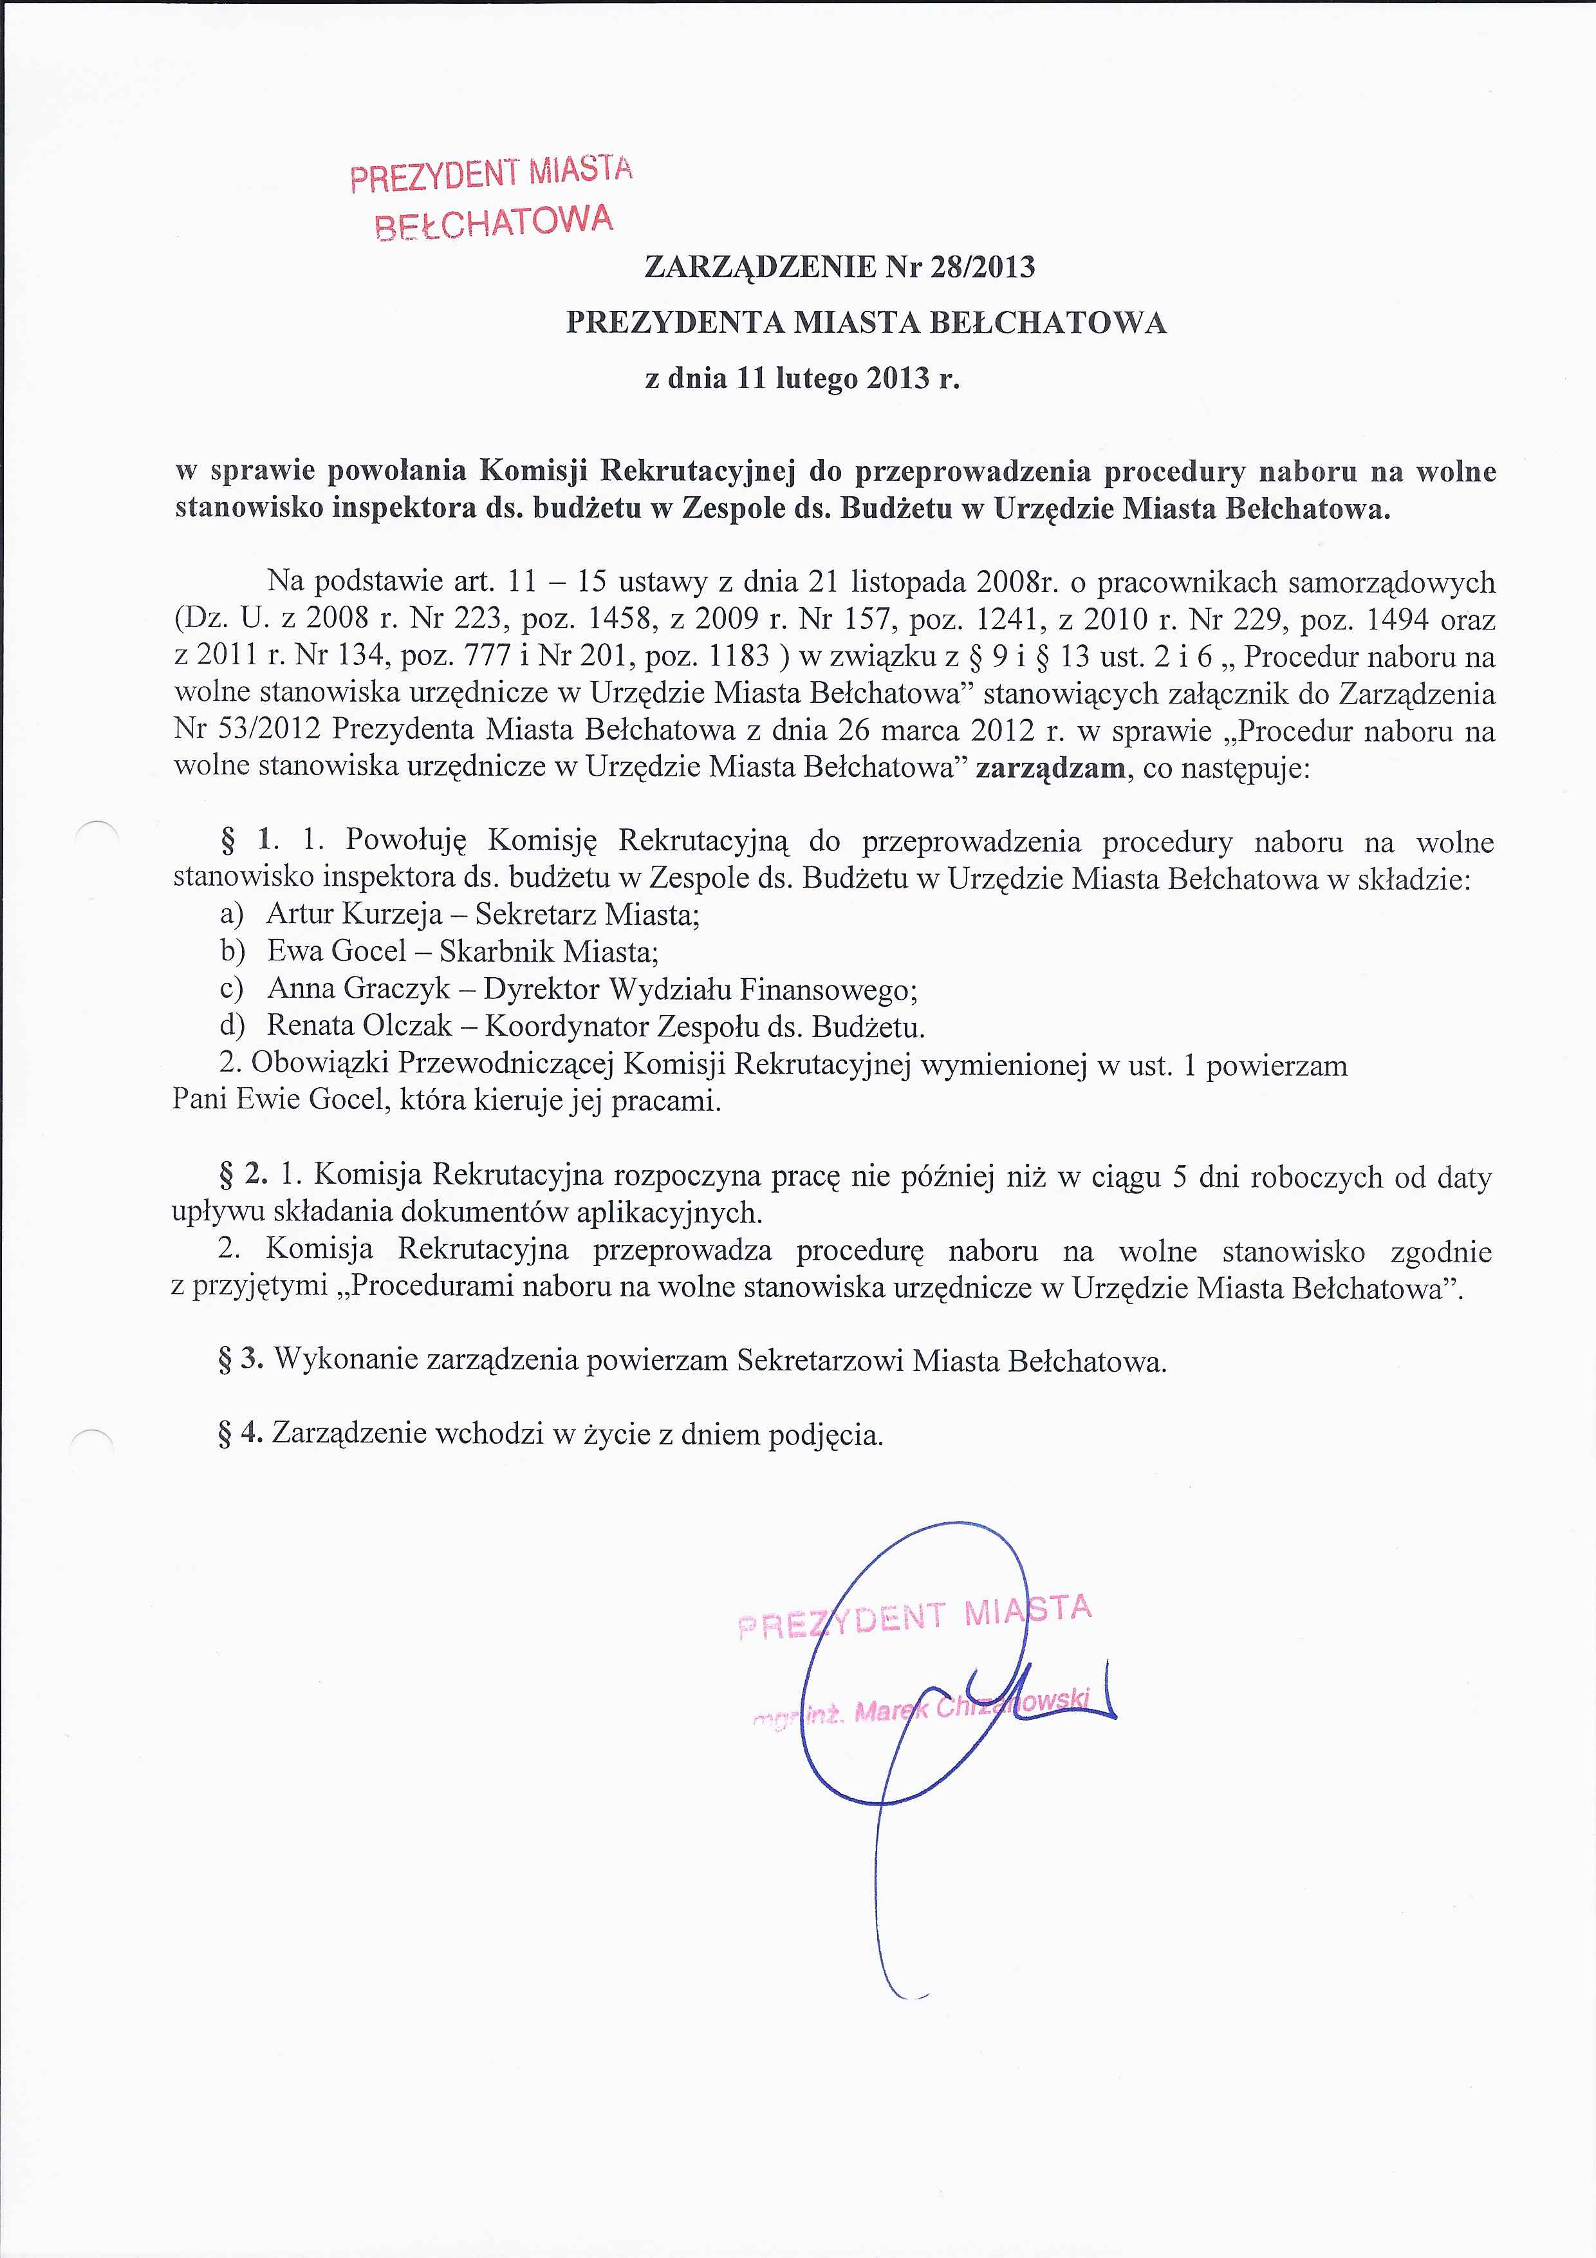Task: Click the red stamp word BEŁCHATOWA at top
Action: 493,222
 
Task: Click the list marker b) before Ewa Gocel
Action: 232,951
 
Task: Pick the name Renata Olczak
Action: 359,1026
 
